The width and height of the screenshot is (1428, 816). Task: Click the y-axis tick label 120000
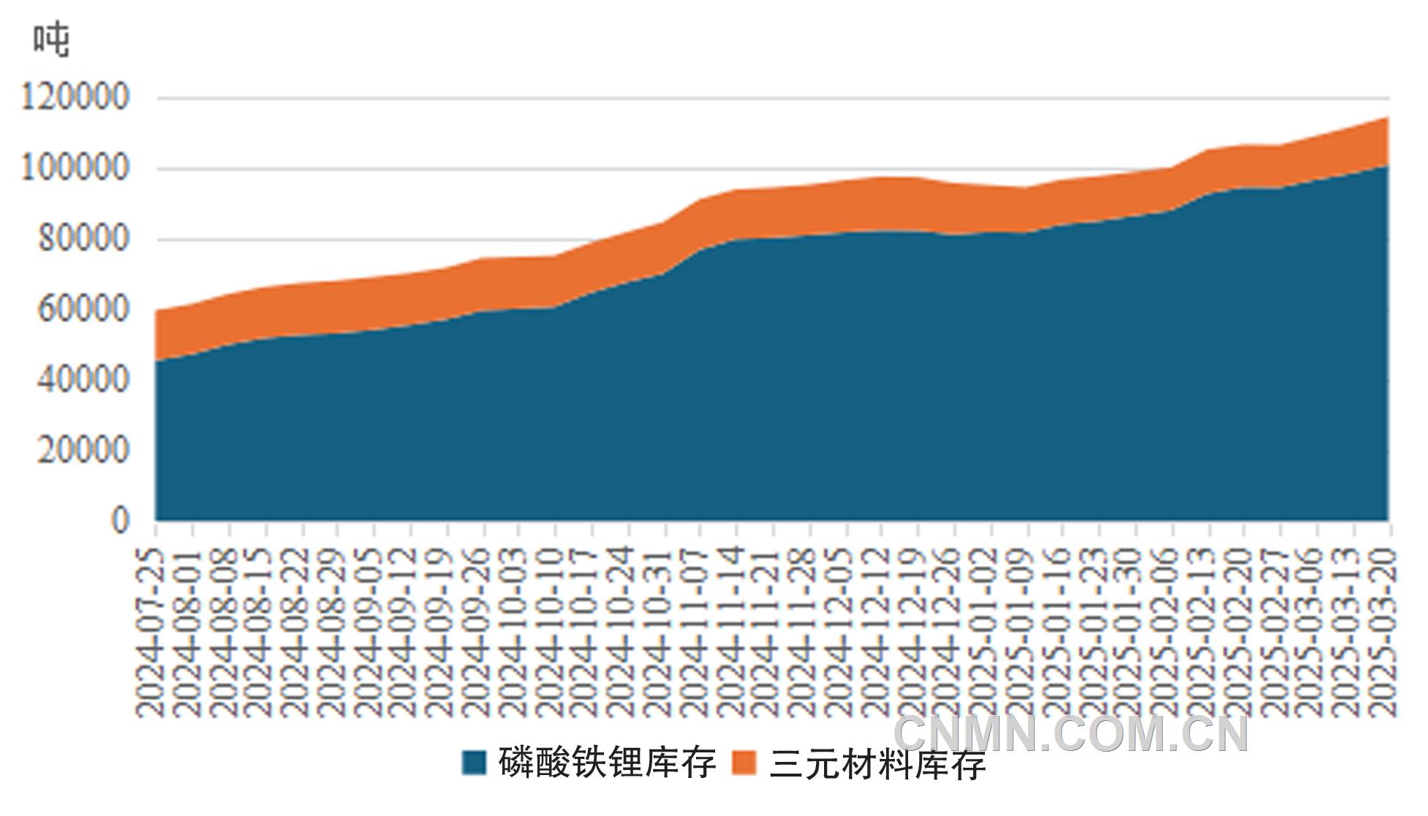tap(75, 97)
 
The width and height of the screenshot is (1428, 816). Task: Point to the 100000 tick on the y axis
tap(75, 168)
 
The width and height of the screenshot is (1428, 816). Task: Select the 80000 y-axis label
tap(83, 239)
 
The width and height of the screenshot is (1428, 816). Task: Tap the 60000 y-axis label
tap(83, 309)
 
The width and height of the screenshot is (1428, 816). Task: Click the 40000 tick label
tap(83, 379)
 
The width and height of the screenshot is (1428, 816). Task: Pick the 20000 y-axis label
tap(83, 450)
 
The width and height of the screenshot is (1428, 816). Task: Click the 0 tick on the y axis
tap(120, 521)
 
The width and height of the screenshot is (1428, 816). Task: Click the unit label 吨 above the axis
tap(51, 39)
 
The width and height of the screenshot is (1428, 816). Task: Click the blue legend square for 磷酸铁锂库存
tap(474, 763)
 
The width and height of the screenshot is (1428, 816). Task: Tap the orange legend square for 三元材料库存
tap(744, 763)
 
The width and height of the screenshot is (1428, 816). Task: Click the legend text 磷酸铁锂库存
tap(607, 763)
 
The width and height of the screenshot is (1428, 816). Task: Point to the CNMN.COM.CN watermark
tap(1071, 733)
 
